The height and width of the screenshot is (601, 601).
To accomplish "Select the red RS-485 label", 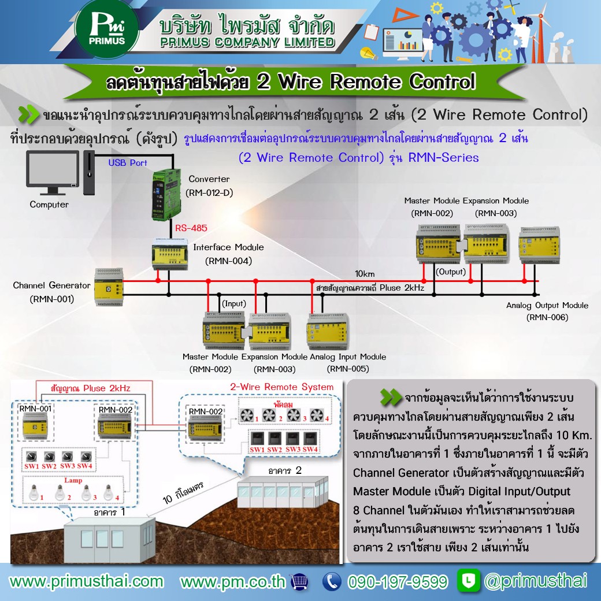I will coord(191,228).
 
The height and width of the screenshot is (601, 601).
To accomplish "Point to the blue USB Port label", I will coord(128,163).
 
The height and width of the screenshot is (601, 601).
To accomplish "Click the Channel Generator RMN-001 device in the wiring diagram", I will coord(108,287).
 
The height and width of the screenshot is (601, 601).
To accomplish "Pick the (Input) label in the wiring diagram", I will coord(234,303).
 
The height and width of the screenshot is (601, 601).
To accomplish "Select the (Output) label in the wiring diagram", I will coord(451,272).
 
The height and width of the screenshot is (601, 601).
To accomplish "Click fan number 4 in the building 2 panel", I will coord(316,415).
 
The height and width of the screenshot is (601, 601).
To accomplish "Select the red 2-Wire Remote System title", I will coord(281,387).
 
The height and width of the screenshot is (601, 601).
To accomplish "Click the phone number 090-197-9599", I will coord(398,581).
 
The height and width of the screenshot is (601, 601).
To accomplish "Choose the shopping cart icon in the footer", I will coord(299,581).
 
